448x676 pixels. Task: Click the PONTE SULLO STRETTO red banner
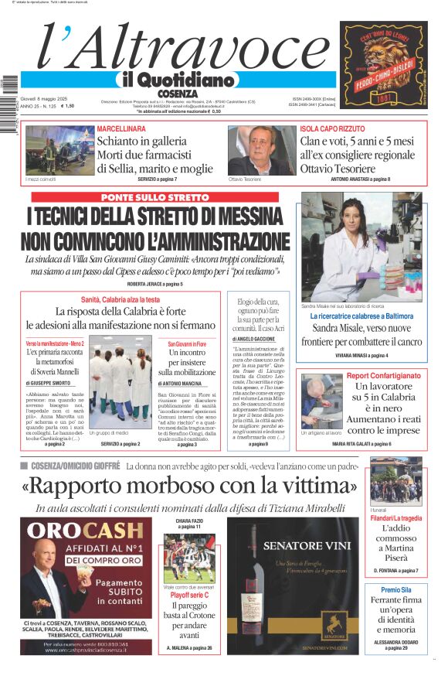coord(154,198)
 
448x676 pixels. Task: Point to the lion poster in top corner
coord(383,63)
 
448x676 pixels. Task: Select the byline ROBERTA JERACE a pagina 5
coord(154,284)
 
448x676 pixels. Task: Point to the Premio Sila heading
coord(396,590)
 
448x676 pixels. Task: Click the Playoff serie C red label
coord(189,596)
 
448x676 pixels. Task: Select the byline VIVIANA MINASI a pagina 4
coord(361,356)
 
